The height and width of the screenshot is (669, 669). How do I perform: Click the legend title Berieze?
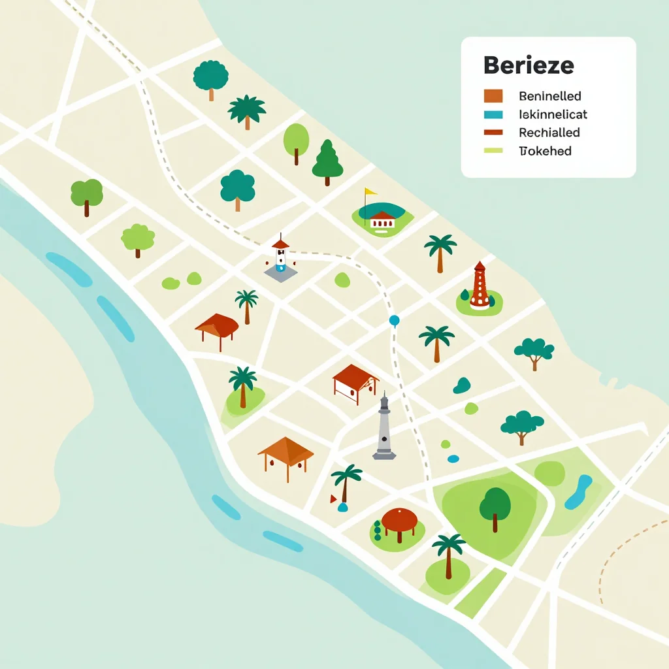(x=529, y=66)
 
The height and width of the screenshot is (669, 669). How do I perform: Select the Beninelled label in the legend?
(x=549, y=97)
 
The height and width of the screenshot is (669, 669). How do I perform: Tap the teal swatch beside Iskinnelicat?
(x=493, y=114)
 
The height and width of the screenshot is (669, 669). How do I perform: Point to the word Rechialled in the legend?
(x=549, y=133)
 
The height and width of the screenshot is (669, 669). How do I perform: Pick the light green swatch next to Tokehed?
(x=493, y=151)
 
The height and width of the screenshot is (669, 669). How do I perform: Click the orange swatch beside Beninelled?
(x=493, y=97)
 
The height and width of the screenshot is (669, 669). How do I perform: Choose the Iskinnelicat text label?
(x=553, y=114)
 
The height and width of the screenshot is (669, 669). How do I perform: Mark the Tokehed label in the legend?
(x=545, y=151)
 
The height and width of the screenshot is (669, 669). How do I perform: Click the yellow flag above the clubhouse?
(x=370, y=192)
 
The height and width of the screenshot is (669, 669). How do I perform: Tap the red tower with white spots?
(x=480, y=286)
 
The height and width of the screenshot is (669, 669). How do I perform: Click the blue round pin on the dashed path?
(x=394, y=320)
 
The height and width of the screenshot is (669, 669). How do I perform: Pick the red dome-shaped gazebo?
(x=399, y=522)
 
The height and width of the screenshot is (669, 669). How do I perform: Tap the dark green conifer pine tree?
(x=327, y=161)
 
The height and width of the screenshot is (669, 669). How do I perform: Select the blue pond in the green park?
(x=578, y=493)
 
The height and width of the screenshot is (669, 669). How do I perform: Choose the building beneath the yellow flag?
(x=382, y=220)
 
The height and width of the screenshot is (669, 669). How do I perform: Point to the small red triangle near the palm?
(x=333, y=499)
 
